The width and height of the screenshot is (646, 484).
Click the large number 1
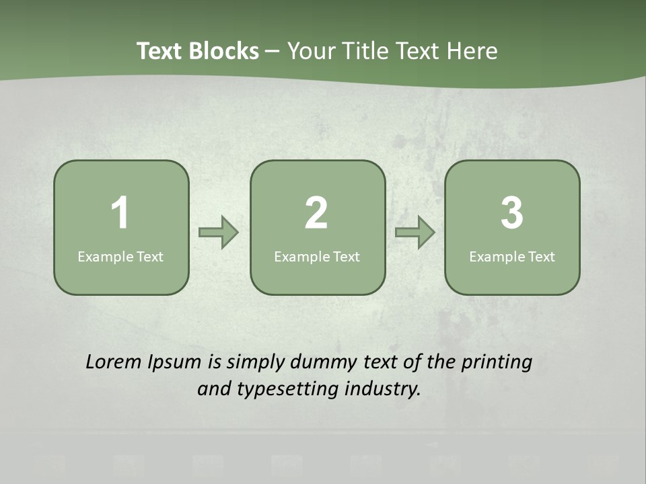point(120,213)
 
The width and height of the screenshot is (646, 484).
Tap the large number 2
point(316,213)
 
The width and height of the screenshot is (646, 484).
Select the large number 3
point(512,213)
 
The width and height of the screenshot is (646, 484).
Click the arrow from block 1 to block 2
point(219,233)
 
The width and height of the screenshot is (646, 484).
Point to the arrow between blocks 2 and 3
point(415,233)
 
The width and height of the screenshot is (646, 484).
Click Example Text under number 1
point(120,257)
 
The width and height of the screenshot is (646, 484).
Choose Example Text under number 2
point(317,257)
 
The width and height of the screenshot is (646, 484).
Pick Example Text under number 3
point(512,257)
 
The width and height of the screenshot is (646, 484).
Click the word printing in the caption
point(497,363)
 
